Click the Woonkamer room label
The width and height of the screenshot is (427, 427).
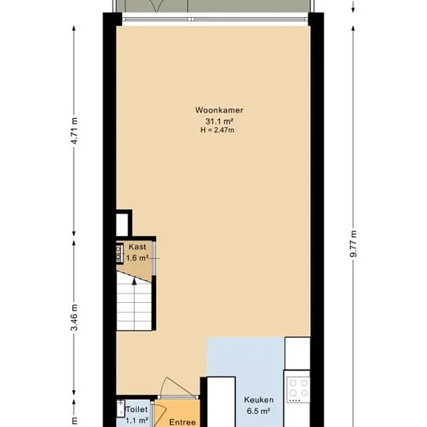click(x=219, y=110)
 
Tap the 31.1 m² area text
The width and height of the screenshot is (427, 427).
click(x=219, y=121)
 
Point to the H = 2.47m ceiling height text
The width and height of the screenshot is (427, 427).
click(x=217, y=130)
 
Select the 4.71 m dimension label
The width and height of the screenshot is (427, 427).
click(x=74, y=131)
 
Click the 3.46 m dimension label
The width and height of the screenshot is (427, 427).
click(x=74, y=318)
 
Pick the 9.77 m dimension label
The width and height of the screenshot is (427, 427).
click(x=353, y=244)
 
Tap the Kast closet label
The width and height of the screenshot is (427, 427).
click(x=137, y=247)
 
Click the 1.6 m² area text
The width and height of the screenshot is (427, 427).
click(x=137, y=258)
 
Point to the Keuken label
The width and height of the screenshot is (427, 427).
click(x=259, y=400)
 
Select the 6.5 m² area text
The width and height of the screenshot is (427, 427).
click(x=259, y=411)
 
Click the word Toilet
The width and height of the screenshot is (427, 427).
click(x=137, y=410)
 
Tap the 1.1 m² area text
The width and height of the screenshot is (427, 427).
click(x=137, y=421)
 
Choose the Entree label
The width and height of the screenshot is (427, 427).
click(x=182, y=422)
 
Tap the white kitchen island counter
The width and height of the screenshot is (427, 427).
click(x=221, y=402)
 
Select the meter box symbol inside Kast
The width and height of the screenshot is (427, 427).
click(x=120, y=254)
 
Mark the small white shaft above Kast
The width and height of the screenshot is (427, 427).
click(x=122, y=224)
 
